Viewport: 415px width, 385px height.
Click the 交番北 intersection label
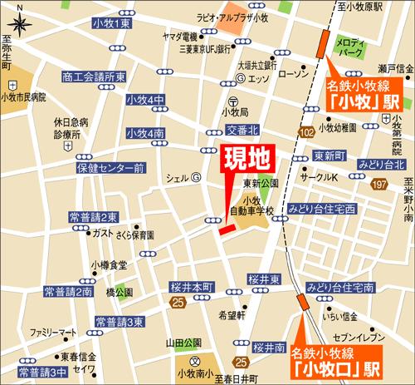tap(242, 131)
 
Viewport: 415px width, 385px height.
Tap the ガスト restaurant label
tap(103, 233)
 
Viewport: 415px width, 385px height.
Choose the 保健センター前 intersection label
tap(111, 168)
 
